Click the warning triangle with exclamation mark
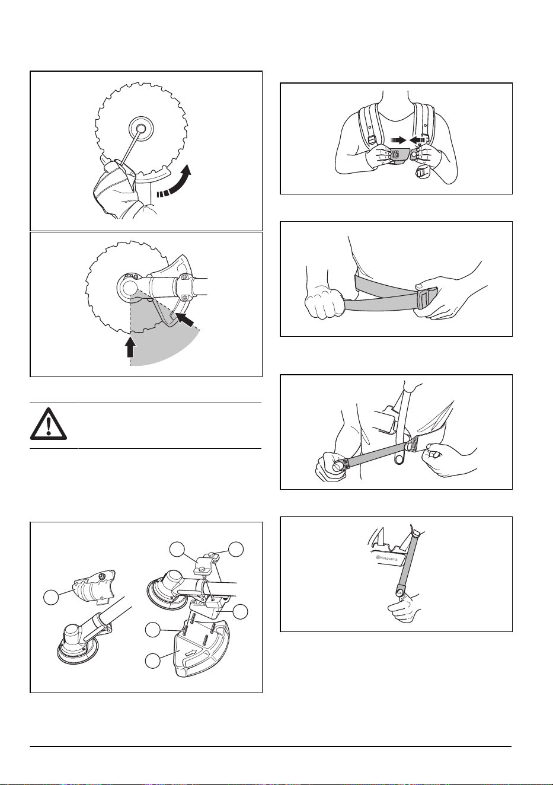(x=49, y=423)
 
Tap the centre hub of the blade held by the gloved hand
(x=141, y=129)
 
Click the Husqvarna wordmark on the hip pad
(x=388, y=559)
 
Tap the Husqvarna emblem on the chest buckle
(x=396, y=154)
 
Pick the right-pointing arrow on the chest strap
(x=398, y=140)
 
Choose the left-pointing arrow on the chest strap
(x=417, y=140)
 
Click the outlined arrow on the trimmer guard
(x=191, y=653)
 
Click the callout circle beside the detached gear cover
(x=51, y=597)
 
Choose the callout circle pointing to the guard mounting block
(x=241, y=611)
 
